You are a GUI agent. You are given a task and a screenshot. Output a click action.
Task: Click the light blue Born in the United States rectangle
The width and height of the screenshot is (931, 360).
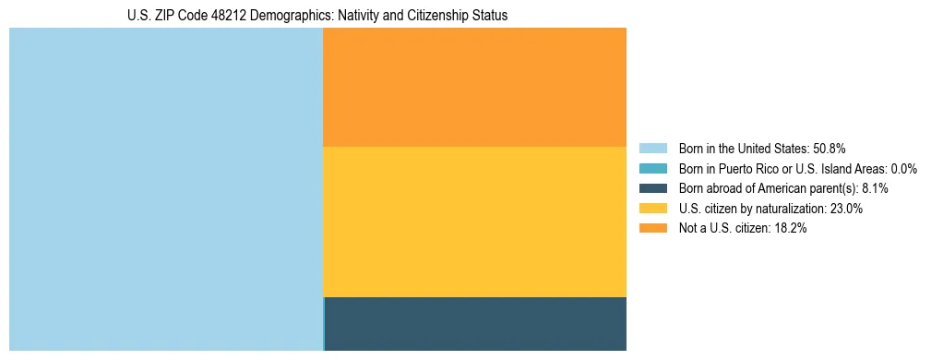coord(166,189)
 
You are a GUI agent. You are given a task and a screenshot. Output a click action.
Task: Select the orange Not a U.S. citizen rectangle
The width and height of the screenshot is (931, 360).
coord(474,87)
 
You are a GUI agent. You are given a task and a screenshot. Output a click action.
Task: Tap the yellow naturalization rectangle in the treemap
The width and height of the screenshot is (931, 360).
coord(474,222)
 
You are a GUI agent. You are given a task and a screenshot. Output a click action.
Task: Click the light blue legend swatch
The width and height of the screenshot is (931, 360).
coord(652,148)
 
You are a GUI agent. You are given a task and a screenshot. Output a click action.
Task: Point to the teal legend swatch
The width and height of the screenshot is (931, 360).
coord(652,168)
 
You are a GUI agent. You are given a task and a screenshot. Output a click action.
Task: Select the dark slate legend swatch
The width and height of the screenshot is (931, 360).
coord(652,188)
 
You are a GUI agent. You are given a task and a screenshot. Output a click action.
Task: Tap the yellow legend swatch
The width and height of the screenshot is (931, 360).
coord(652,209)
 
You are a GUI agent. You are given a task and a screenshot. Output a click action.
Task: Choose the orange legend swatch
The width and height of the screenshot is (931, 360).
coord(652,228)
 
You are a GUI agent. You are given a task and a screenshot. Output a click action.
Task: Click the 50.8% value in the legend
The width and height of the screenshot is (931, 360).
coord(830,148)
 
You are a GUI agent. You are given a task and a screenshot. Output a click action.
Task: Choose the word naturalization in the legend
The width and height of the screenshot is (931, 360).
coord(784,209)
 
